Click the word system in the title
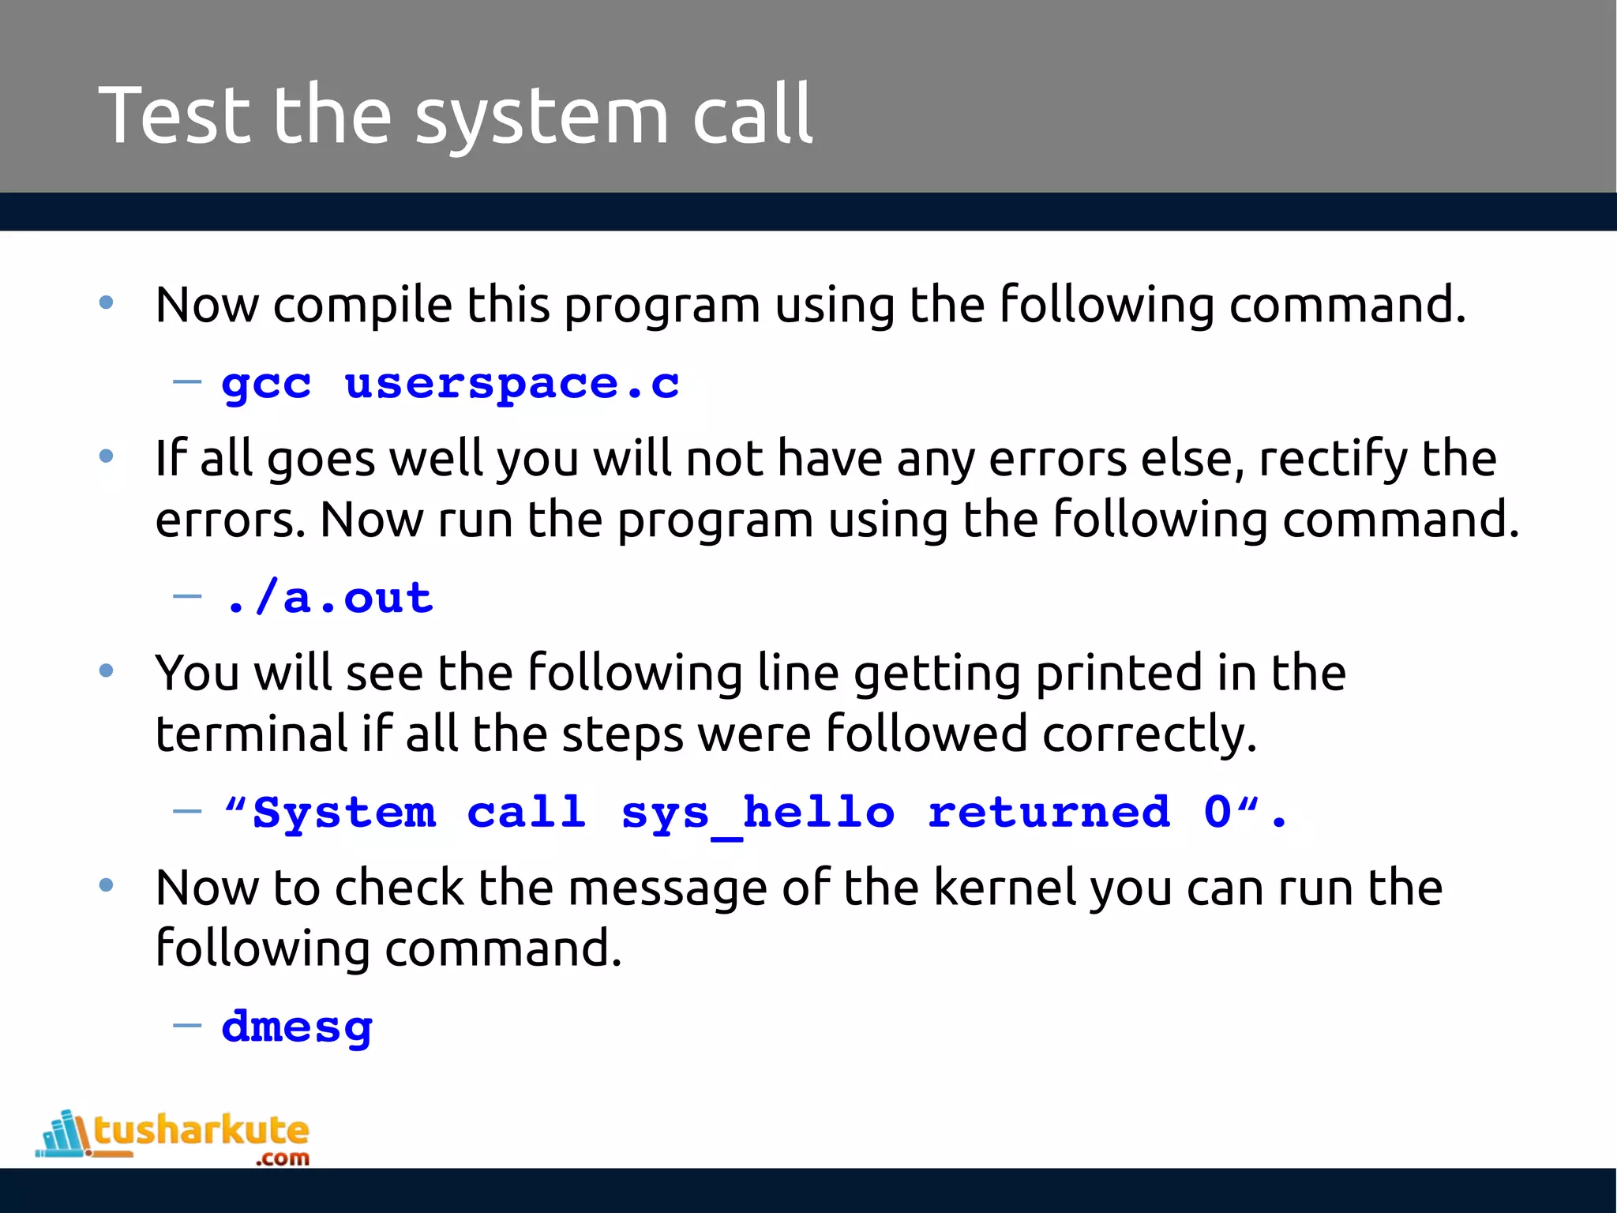pyautogui.click(x=542, y=118)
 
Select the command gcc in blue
pyautogui.click(x=267, y=385)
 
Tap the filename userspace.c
pyautogui.click(x=512, y=385)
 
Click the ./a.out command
pyautogui.click(x=329, y=598)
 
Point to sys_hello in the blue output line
pyautogui.click(x=758, y=813)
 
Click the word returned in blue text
pyautogui.click(x=1049, y=812)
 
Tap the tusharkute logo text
pyautogui.click(x=201, y=1131)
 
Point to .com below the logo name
pyautogui.click(x=282, y=1159)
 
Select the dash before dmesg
pyautogui.click(x=187, y=1026)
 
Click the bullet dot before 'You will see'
pyautogui.click(x=107, y=671)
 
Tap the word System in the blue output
pyautogui.click(x=343, y=813)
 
